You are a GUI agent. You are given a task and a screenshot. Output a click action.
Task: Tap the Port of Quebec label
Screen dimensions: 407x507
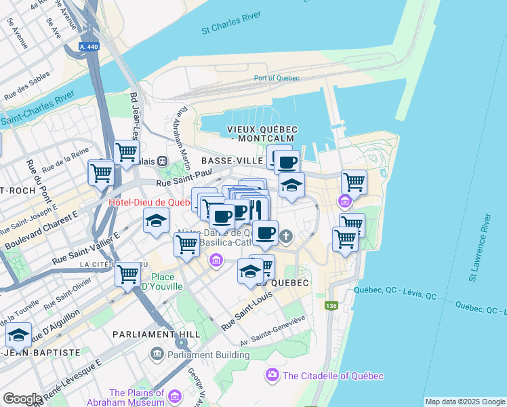point(277,78)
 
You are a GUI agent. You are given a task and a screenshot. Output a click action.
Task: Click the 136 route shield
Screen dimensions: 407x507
point(331,306)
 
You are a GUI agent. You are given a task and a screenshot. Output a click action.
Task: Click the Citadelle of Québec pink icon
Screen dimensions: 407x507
point(273,374)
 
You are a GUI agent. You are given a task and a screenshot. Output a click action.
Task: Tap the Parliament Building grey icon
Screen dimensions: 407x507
point(158,353)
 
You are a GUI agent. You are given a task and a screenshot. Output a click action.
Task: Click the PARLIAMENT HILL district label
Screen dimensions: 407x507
point(157,334)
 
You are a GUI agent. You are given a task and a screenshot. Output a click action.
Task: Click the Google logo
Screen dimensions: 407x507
point(22,399)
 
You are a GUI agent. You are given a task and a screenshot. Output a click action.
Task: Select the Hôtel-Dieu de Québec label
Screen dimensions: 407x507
point(151,202)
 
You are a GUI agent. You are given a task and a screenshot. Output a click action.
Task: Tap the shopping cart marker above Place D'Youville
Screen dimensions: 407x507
point(127,273)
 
